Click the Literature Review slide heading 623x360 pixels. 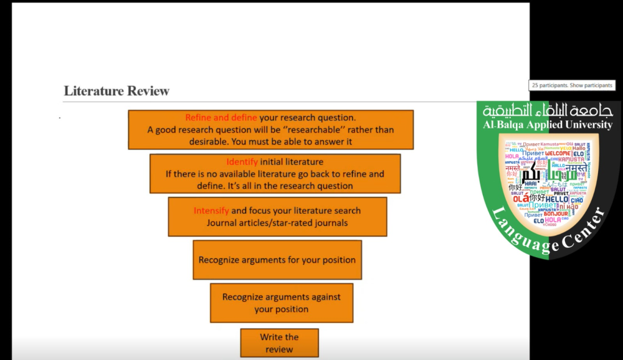click(117, 91)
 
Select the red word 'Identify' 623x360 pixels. click(242, 162)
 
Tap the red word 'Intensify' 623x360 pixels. click(211, 211)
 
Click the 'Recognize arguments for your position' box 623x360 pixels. click(277, 260)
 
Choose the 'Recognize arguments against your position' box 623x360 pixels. click(282, 303)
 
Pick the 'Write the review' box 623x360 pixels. click(279, 343)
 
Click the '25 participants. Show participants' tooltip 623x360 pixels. click(573, 85)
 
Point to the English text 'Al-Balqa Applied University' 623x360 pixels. click(548, 125)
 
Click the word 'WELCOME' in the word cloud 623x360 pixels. click(558, 153)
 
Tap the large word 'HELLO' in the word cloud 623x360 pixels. click(557, 199)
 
